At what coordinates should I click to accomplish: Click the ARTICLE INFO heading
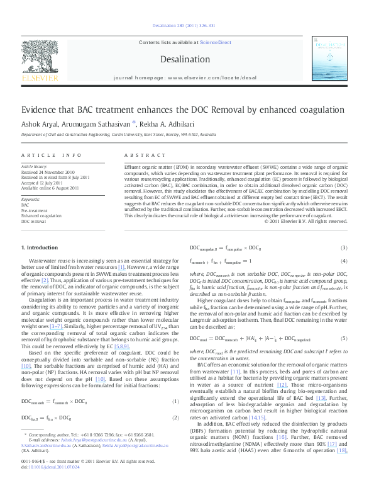click(52, 155)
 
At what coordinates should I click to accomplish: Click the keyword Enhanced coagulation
click(41, 215)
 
